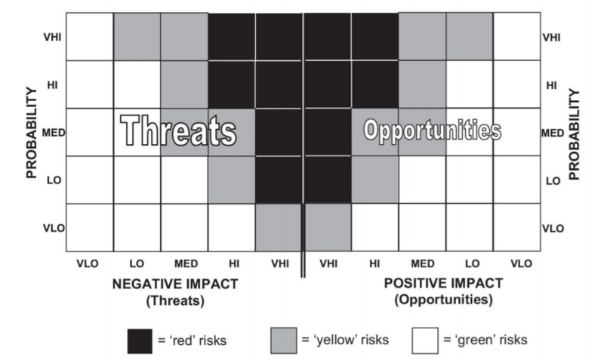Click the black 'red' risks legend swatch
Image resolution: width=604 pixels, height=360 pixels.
coord(140,341)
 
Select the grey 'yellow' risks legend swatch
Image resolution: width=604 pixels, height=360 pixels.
coord(284,340)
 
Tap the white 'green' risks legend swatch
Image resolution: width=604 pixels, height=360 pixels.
coord(425,340)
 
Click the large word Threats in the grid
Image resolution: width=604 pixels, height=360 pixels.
coord(178,131)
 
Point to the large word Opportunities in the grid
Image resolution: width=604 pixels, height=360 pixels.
coord(433,131)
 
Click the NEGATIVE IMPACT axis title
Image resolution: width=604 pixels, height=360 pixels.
coord(175,284)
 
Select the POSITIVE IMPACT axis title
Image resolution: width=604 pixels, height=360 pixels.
coord(443,283)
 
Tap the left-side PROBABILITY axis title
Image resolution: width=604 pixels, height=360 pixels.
coord(31,133)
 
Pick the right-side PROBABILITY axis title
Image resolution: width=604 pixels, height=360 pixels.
coord(574,134)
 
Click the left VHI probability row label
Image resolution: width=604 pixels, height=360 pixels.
coord(52,37)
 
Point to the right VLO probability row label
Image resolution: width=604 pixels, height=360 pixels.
coord(553,229)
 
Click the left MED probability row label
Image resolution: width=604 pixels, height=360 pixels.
coord(54,133)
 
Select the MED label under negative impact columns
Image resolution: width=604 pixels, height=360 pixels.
coord(186,263)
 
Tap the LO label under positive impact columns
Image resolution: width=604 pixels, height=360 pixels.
coord(473,263)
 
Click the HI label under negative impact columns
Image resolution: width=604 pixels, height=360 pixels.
coord(234,263)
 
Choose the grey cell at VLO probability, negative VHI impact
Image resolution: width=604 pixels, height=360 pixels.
coord(279,228)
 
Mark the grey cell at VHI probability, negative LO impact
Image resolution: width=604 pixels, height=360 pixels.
coord(137,36)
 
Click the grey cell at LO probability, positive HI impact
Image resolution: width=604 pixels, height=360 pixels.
coord(374,180)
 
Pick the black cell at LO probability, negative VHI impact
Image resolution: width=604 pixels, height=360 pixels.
coord(279,180)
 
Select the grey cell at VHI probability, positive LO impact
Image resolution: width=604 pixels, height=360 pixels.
coord(470,36)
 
